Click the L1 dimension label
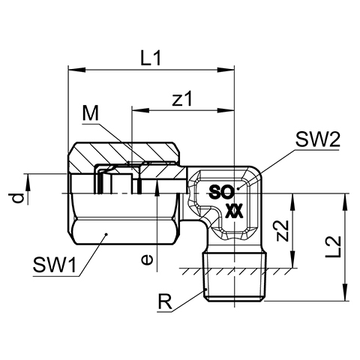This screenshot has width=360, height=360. pyautogui.click(x=150, y=58)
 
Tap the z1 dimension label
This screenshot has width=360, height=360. pyautogui.click(x=183, y=98)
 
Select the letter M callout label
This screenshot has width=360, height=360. pyautogui.click(x=91, y=113)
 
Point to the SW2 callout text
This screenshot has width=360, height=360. pyautogui.click(x=317, y=139)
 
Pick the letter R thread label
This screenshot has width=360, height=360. pyautogui.click(x=164, y=302)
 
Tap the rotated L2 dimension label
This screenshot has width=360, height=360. pyautogui.click(x=334, y=247)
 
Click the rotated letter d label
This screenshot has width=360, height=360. pyautogui.click(x=18, y=198)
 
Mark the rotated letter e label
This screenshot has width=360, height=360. pyautogui.click(x=146, y=260)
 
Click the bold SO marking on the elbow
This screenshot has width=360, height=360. pyautogui.click(x=221, y=192)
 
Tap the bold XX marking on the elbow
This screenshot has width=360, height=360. pyautogui.click(x=234, y=211)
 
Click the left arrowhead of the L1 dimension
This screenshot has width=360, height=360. pyautogui.click(x=76, y=70)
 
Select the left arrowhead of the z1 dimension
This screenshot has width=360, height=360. pyautogui.click(x=140, y=110)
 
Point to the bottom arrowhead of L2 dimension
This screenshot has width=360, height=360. pyautogui.click(x=345, y=292)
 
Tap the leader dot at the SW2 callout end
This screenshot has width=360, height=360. pyautogui.click(x=238, y=188)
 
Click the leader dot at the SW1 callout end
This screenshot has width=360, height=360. pyautogui.click(x=106, y=234)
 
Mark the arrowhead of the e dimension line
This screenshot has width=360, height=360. pyautogui.click(x=157, y=187)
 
